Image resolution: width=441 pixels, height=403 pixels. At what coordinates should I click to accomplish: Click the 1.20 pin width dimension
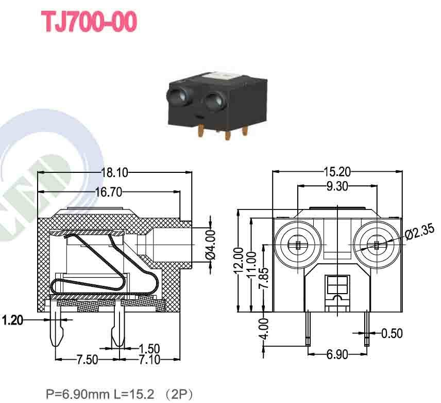(12, 320)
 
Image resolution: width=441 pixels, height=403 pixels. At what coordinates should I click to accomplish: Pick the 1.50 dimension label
(149, 349)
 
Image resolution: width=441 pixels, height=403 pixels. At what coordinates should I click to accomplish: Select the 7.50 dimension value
(88, 360)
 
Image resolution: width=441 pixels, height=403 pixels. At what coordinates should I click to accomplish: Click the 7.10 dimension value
(149, 360)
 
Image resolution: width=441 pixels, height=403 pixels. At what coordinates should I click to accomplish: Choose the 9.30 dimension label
(338, 186)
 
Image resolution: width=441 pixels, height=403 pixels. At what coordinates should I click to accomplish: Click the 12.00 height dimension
(239, 262)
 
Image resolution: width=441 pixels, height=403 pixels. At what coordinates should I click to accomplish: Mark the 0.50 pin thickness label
(393, 333)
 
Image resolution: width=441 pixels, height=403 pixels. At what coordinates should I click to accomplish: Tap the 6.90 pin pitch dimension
(337, 354)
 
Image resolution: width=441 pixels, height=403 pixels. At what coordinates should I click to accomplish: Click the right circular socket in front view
(377, 244)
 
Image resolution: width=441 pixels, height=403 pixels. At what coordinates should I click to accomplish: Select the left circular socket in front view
(297, 244)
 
